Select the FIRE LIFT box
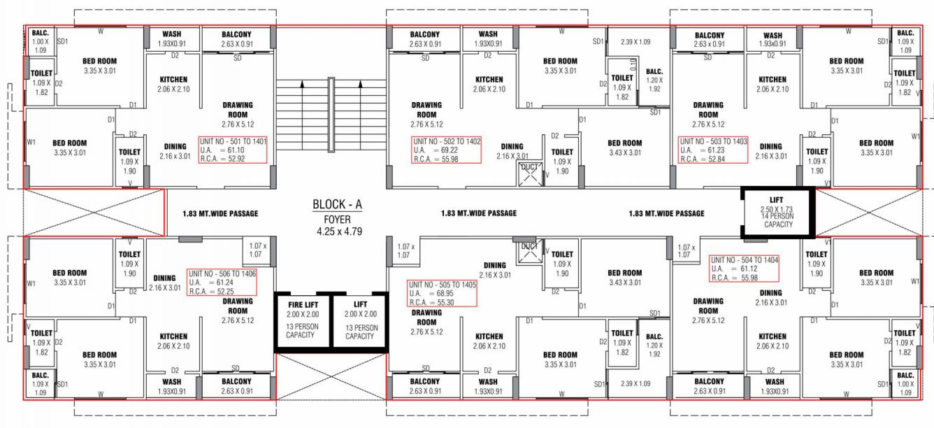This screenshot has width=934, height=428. [302, 320]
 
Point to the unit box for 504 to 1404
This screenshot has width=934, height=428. [744, 269]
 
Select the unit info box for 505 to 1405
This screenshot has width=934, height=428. [442, 293]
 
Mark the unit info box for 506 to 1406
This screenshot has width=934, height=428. [222, 282]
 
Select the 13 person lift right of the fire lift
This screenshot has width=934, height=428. [360, 320]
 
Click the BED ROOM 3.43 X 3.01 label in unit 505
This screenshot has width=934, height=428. [624, 277]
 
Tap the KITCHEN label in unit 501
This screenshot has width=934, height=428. [173, 84]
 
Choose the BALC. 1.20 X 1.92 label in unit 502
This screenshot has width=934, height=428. [654, 80]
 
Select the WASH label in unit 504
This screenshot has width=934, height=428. [775, 386]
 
